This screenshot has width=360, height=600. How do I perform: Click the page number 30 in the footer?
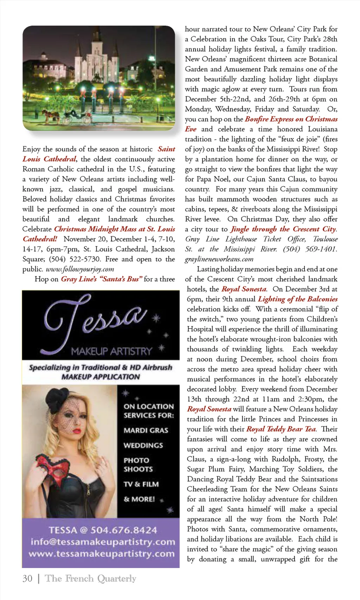coord(27,579)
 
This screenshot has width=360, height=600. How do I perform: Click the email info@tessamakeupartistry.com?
coord(103,542)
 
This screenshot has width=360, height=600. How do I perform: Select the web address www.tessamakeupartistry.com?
coord(102,554)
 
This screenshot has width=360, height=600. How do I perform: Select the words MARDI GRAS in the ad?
coord(146,430)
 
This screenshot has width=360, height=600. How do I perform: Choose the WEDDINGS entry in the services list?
coord(143,445)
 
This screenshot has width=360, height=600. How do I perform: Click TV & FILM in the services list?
coord(141,484)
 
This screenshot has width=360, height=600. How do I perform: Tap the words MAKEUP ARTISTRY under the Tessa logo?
coord(111,351)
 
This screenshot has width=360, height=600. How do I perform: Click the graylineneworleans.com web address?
coord(219,259)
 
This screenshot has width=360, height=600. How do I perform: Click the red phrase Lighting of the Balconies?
coord(297,299)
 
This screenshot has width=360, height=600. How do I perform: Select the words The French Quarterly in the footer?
coord(90,579)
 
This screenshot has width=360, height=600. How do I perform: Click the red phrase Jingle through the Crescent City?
coord(283,229)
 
